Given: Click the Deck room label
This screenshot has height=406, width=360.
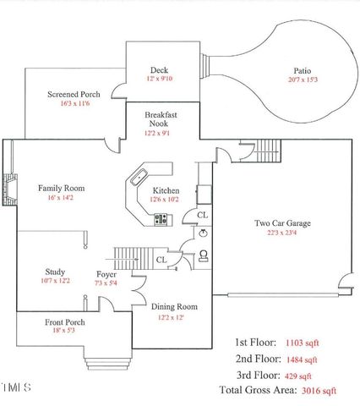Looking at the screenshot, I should pos(159,70).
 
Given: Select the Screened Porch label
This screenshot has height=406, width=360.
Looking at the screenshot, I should pos(74,94).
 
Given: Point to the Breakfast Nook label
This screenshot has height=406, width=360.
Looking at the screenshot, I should pos(160,118).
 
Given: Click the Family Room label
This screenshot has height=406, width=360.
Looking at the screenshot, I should pos(62,188).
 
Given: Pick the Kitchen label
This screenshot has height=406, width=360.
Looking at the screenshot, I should pos(166,192).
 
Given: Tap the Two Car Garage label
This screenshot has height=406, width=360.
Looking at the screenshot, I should pos(283,223).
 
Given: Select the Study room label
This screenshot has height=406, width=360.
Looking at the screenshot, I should pos(55,272).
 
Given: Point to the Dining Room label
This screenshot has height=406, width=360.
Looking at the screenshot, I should pos(174,306).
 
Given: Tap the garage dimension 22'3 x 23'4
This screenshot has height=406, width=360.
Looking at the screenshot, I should pos(283,233).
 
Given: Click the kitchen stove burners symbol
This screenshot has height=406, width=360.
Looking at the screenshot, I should pos(161,220).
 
